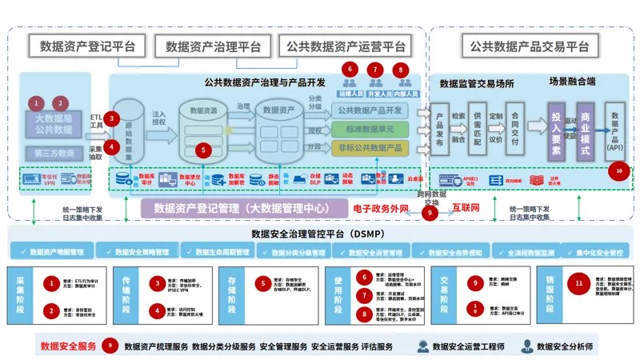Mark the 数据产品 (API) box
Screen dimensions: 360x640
coord(615,131)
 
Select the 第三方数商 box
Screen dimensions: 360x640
coord(54,152)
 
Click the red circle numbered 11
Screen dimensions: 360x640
coord(580,283)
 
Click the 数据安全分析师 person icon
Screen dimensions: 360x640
coord(528,346)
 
